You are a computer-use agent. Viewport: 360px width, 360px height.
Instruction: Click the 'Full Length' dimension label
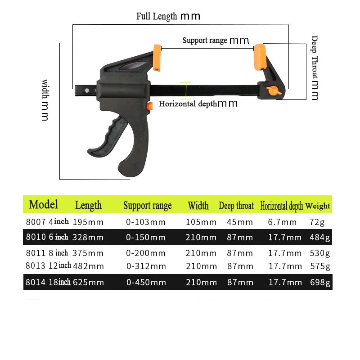pos(168,16)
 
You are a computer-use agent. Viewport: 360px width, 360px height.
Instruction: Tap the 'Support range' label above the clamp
pos(216,40)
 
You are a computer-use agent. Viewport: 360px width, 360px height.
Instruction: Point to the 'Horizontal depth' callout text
pos(198,103)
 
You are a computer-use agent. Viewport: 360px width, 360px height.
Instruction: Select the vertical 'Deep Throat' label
pos(315,67)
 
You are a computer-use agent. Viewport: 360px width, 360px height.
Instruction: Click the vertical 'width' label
pos(45,100)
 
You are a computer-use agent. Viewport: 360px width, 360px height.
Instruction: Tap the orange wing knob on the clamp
pos(272,90)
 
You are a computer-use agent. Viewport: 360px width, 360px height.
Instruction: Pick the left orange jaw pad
pos(157,57)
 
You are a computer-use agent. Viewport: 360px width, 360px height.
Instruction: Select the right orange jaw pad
pos(260,56)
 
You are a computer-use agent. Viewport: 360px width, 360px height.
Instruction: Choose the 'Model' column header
pos(44,205)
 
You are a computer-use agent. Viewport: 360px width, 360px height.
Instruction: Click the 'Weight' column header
pos(318,206)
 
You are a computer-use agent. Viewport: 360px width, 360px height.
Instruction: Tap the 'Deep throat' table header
pos(236,206)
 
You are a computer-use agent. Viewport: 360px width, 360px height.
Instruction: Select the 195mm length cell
pos(89,222)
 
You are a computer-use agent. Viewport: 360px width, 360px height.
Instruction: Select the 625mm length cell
pos(89,283)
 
